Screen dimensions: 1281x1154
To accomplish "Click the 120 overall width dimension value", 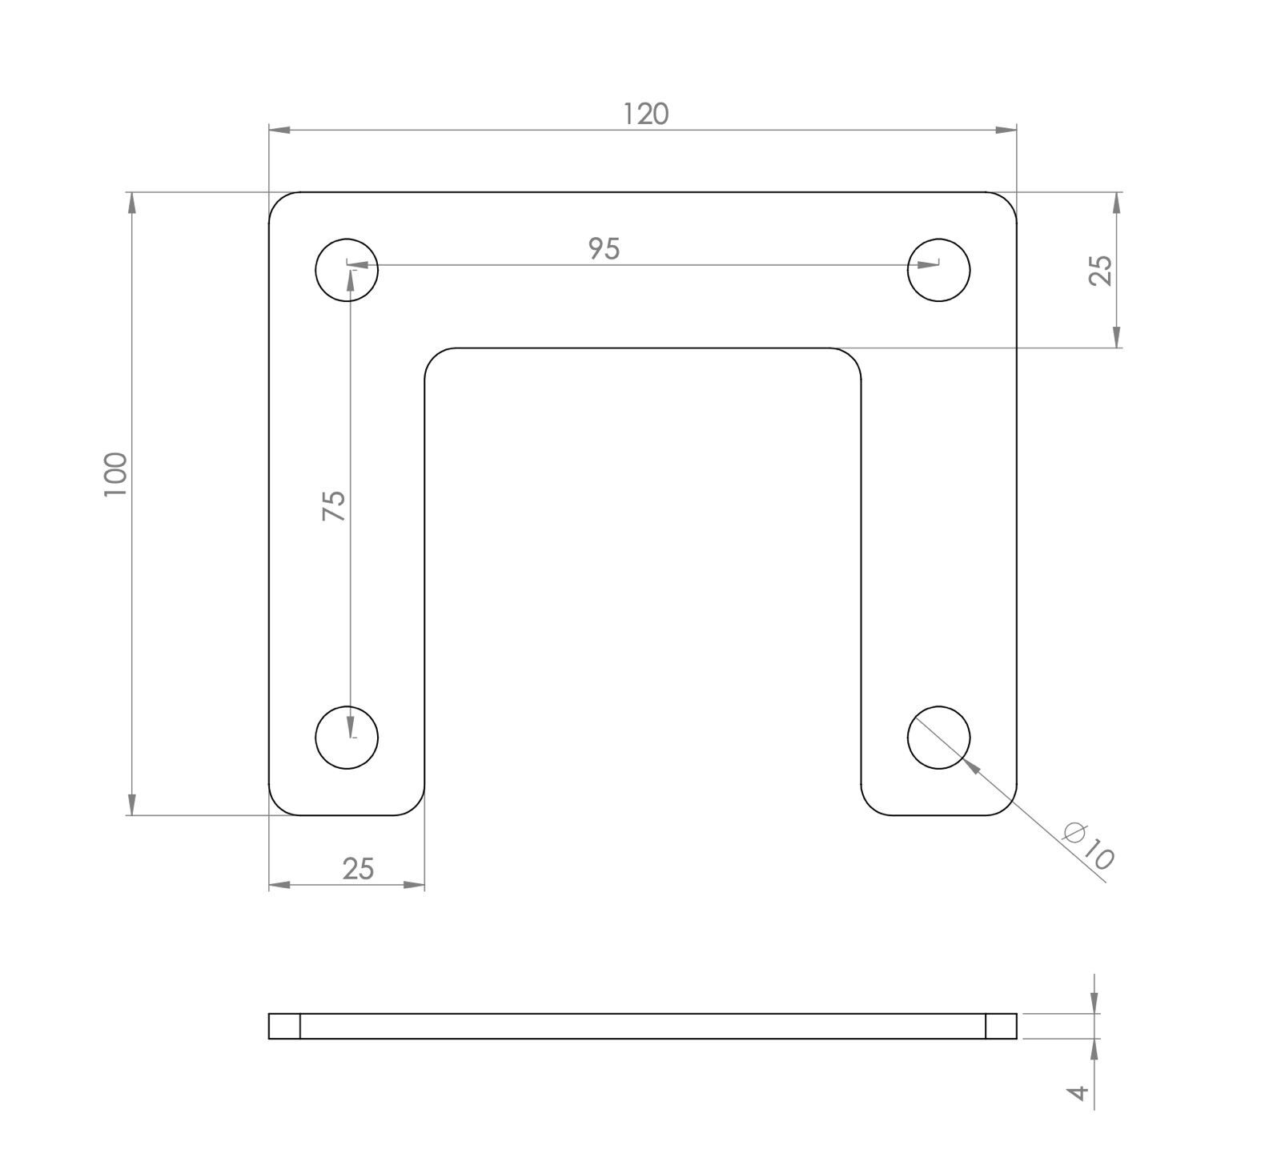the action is click(645, 115).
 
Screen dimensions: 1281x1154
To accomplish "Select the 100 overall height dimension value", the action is click(116, 474).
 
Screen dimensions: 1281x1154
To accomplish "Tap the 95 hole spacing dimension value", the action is click(604, 249).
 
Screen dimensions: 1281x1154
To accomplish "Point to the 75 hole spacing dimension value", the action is click(334, 506).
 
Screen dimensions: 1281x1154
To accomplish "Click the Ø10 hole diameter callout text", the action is click(1088, 846).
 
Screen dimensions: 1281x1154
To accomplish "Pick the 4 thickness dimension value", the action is click(1080, 1092).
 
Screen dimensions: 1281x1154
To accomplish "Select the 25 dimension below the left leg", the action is click(358, 869).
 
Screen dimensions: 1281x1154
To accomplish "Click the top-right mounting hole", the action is click(939, 270).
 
